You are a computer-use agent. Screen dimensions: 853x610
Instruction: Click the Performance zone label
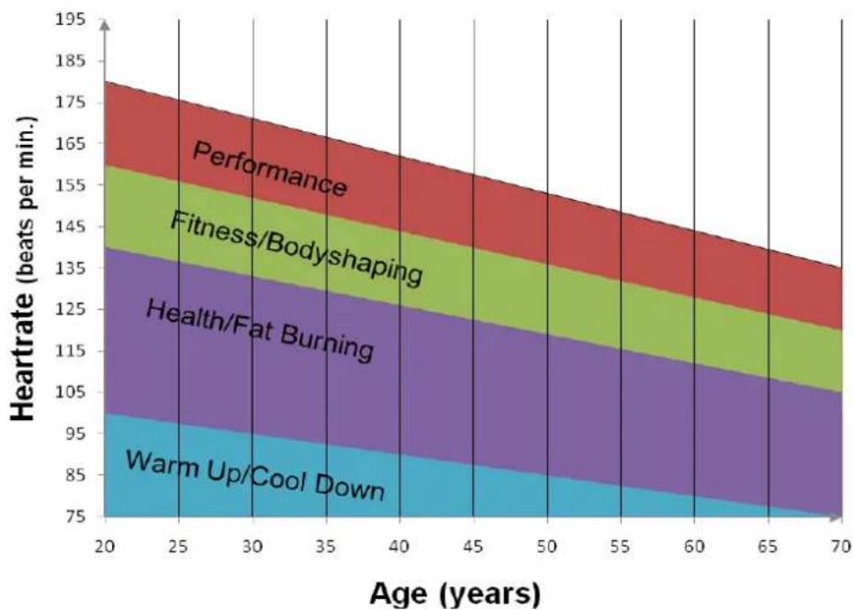click(270, 169)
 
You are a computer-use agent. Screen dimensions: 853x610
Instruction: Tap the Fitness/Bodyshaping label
click(297, 249)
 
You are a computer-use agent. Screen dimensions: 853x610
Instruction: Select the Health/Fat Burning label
click(260, 330)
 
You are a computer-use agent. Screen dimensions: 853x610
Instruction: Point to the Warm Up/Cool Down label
click(255, 474)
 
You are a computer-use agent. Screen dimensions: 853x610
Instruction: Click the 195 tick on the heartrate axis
click(70, 19)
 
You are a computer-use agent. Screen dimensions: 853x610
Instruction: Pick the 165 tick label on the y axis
click(70, 144)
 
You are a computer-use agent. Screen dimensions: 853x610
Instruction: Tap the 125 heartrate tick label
click(70, 309)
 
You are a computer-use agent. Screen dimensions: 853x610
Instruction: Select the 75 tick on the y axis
click(75, 516)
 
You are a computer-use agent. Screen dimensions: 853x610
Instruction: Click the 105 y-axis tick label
click(70, 392)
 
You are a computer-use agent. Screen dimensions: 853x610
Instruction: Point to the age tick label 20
click(105, 547)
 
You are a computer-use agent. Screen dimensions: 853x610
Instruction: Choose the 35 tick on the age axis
click(326, 547)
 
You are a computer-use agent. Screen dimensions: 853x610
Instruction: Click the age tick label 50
click(547, 547)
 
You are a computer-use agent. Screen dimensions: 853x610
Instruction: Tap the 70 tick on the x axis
click(841, 547)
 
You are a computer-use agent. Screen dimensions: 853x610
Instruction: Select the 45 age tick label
click(473, 547)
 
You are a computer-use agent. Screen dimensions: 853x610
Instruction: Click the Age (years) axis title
click(455, 593)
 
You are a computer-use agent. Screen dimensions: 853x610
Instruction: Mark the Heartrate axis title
click(23, 268)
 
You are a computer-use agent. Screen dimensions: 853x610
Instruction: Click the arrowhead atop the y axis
click(106, 25)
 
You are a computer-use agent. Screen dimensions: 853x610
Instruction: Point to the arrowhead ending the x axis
click(836, 516)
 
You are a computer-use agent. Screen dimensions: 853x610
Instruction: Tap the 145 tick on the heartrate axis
click(70, 227)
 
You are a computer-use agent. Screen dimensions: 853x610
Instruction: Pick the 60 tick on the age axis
click(694, 547)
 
